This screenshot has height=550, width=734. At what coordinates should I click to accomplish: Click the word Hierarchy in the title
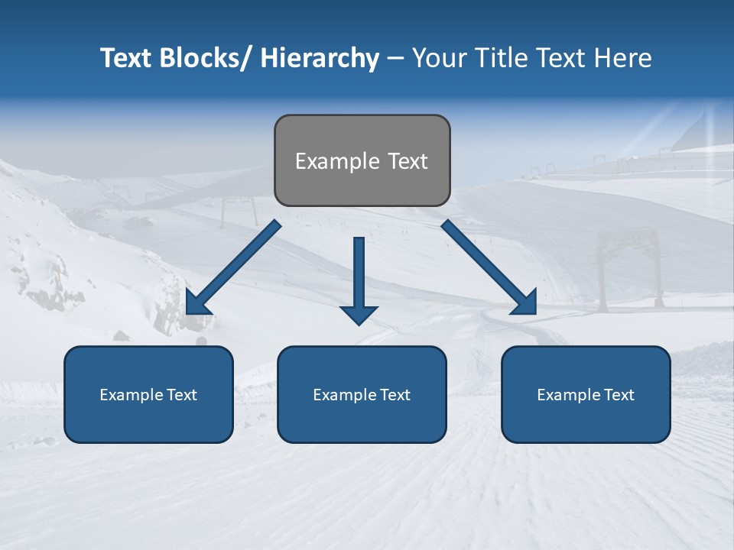click(x=320, y=59)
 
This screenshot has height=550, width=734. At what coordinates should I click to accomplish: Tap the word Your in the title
click(x=439, y=59)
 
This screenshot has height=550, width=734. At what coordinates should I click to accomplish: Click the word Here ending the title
click(x=622, y=59)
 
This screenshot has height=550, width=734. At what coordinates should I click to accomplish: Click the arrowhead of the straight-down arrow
click(x=359, y=314)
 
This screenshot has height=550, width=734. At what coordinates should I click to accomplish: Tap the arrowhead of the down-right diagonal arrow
click(x=526, y=305)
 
